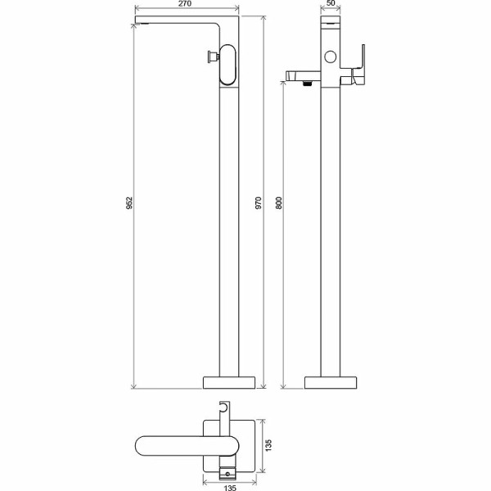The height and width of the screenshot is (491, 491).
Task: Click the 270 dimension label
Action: click(185, 4)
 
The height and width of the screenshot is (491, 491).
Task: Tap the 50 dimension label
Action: click(331, 3)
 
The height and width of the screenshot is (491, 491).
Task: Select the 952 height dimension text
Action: click(129, 203)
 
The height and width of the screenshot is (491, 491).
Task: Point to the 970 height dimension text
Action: click(259, 203)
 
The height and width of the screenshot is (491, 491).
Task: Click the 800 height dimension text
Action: click(279, 203)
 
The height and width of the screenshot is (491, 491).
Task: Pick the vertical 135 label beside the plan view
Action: click(268, 446)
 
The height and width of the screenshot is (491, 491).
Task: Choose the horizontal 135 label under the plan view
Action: click(230, 488)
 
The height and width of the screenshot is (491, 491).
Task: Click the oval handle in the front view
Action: click(227, 65)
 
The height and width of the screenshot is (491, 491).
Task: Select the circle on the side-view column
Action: click(331, 56)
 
